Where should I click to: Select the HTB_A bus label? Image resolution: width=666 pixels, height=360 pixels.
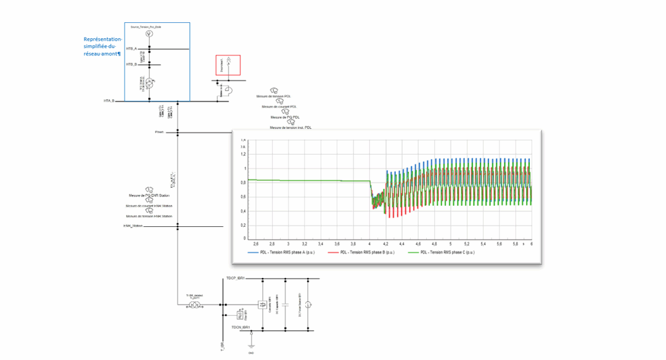coord(131,49)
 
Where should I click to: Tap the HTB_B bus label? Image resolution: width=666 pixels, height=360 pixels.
coord(131,64)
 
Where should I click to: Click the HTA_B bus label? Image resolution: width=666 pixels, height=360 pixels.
coord(109,100)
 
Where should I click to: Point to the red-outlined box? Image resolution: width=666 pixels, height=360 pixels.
coord(228,65)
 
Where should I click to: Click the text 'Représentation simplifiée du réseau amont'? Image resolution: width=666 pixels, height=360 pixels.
coord(102,47)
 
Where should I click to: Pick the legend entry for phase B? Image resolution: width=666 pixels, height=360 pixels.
coord(359,253)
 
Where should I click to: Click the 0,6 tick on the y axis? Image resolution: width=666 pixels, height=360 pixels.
coord(243,197)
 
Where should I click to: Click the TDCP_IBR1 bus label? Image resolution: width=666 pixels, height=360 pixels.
coord(236,279)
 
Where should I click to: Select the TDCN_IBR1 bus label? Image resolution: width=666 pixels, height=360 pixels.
coord(241,327)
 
